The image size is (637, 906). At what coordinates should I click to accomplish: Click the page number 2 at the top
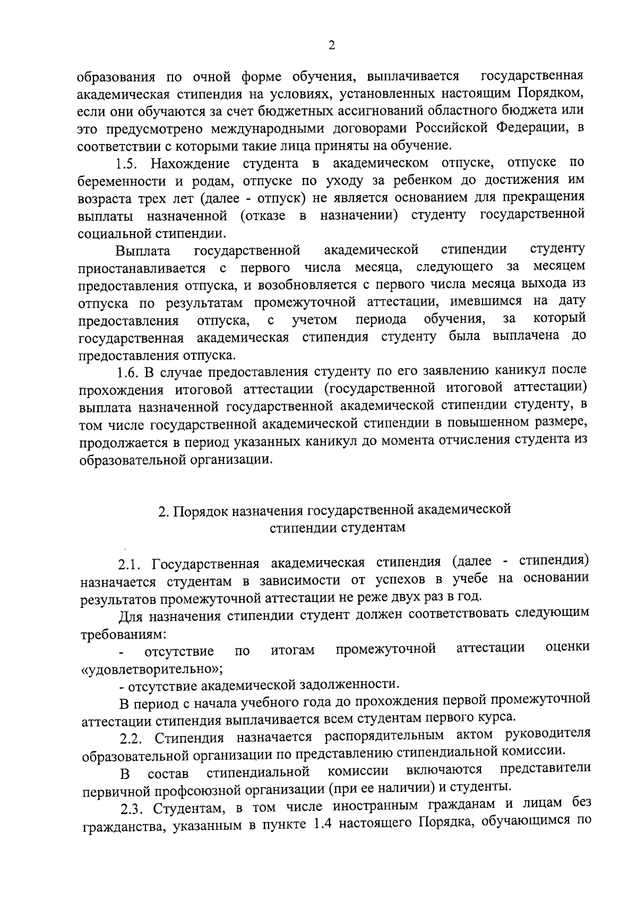click(x=332, y=46)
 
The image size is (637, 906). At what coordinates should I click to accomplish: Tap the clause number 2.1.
click(x=131, y=564)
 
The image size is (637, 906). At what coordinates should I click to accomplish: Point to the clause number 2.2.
click(x=132, y=739)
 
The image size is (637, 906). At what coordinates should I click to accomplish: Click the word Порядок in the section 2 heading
click(x=199, y=511)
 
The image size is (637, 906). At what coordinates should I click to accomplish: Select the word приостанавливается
click(x=142, y=268)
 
